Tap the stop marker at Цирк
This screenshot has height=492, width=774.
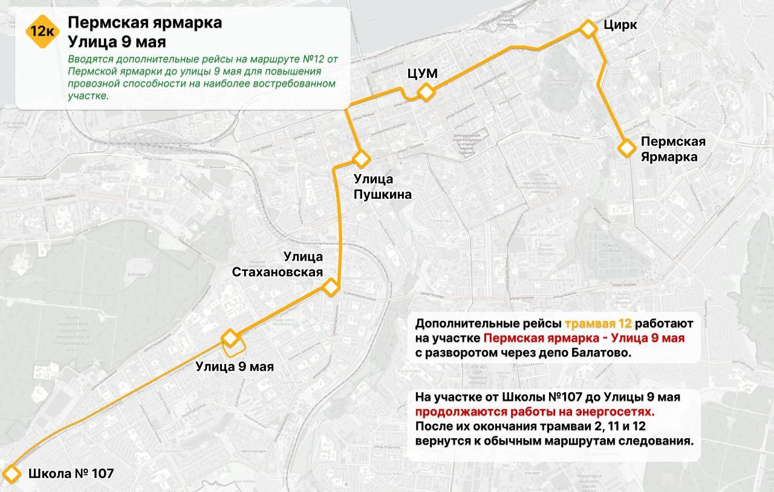click(x=588, y=29)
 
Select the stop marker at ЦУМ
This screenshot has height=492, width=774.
click(x=426, y=92)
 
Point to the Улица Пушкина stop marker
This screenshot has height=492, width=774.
click(x=361, y=159)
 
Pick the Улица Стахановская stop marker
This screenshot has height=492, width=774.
click(x=330, y=287)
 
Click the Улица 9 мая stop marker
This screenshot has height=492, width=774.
click(x=230, y=337)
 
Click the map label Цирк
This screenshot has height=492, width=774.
click(x=620, y=25)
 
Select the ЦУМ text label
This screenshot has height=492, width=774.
click(x=423, y=74)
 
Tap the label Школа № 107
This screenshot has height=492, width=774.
click(x=71, y=473)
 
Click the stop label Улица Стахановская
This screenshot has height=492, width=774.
click(x=277, y=265)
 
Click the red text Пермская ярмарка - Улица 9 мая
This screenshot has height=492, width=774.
click(x=584, y=338)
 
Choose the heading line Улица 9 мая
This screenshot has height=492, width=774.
click(x=117, y=42)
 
